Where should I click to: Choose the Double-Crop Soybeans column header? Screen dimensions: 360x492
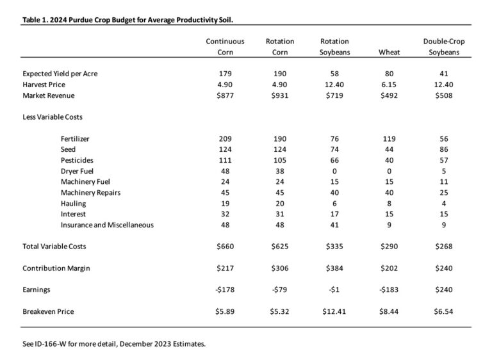pos(444,47)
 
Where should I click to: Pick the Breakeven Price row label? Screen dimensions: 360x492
pos(48,311)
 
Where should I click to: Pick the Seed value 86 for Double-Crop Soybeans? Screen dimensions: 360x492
pos(444,149)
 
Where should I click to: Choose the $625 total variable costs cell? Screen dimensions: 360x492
pos(279,246)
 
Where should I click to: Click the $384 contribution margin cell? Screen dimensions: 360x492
pos(334,268)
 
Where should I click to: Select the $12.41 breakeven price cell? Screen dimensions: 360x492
pos(334,311)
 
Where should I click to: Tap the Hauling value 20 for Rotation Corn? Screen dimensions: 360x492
pos(279,203)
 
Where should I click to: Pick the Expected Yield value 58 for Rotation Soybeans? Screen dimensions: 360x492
pos(334,74)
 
